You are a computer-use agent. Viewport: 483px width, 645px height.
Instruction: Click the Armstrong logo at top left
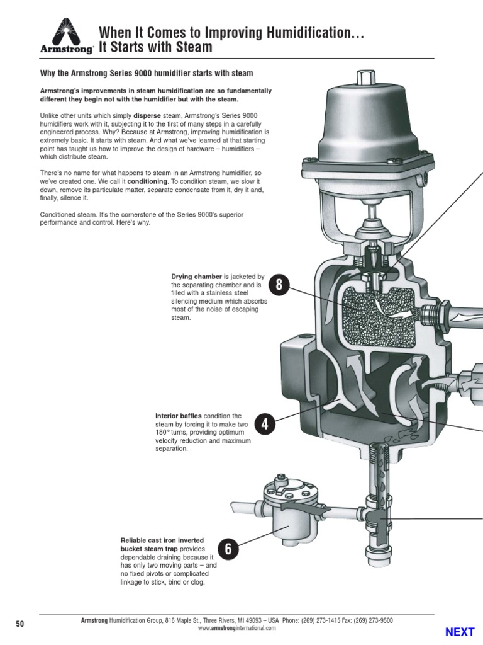pos(67,35)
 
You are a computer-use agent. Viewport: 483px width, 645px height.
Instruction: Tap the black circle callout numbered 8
pos(279,285)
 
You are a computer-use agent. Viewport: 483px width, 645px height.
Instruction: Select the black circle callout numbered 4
pos(265,424)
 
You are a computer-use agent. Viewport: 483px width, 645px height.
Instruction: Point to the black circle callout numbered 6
pos(228,549)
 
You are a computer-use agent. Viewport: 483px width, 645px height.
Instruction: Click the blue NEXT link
pos(460,631)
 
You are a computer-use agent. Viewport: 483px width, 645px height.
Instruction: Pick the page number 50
pos(19,624)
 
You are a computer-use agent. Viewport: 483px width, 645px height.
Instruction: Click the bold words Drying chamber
pos(196,277)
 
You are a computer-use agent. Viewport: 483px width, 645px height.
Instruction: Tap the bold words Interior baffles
pos(178,416)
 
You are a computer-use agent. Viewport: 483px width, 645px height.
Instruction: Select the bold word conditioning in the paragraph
pos(147,181)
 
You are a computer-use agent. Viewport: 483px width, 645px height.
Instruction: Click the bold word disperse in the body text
pos(147,116)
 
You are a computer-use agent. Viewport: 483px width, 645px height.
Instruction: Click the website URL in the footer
pos(236,628)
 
